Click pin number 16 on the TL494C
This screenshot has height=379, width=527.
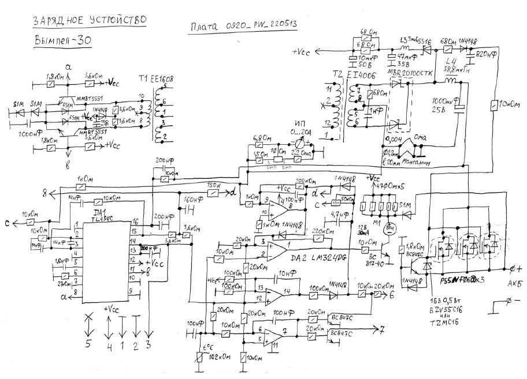135,221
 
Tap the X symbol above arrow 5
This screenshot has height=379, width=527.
88,317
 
